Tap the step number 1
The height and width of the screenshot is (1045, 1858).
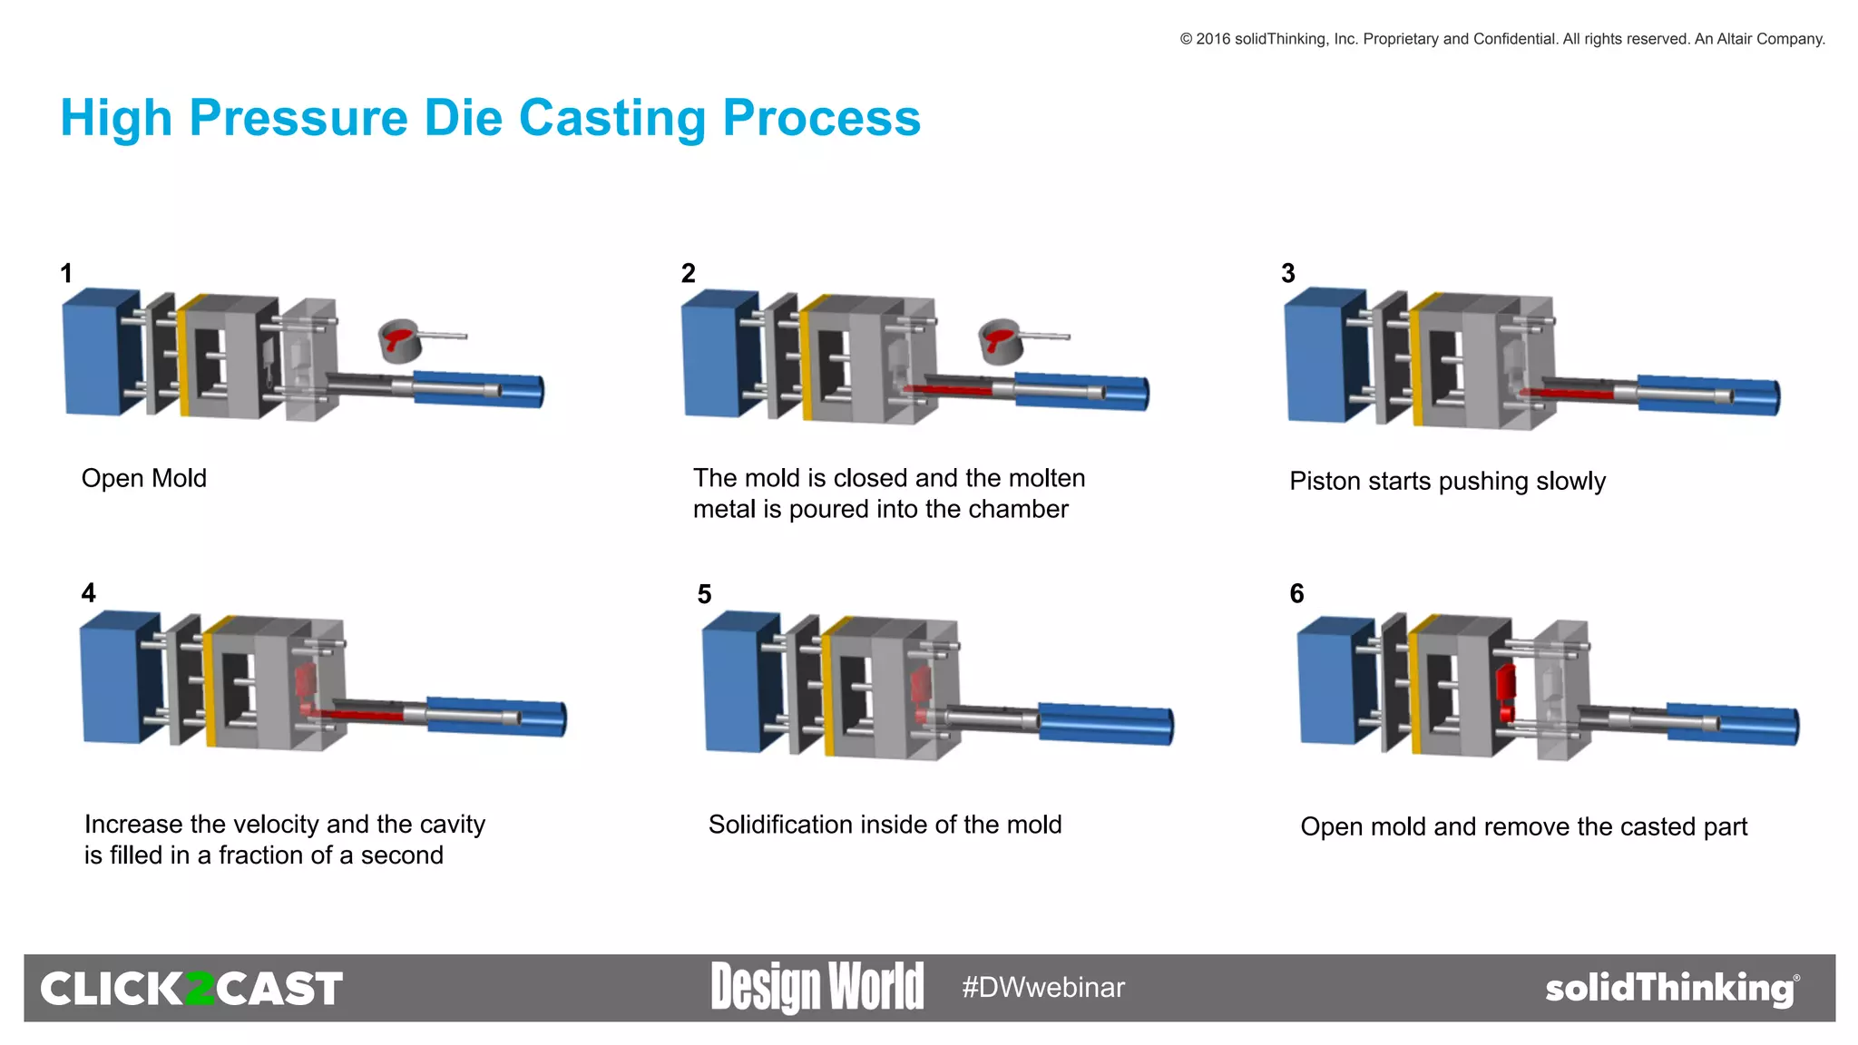coord(66,273)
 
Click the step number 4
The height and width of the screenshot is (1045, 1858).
coord(88,593)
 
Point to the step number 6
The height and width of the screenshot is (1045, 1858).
coord(1296,594)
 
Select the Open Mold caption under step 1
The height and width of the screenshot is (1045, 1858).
coord(144,478)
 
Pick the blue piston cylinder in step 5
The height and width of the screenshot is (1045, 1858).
coord(1105,723)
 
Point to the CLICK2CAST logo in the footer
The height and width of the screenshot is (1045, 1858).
coord(191,989)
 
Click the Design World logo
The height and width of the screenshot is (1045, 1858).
coord(817,987)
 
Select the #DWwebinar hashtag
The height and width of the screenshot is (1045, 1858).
coord(1043,987)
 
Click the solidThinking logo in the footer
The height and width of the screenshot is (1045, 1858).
coord(1670,988)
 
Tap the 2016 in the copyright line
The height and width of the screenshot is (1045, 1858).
coord(1212,39)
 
